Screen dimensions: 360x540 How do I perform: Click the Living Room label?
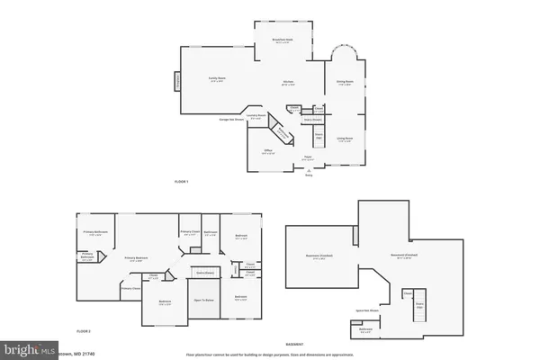(x=345, y=139)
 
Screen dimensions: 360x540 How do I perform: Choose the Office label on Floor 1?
(x=268, y=151)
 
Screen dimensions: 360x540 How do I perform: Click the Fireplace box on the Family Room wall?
(x=177, y=82)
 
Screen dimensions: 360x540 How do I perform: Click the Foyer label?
(x=306, y=157)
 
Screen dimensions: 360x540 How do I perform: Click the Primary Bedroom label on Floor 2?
(x=138, y=258)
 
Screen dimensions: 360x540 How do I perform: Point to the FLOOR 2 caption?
(x=84, y=332)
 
